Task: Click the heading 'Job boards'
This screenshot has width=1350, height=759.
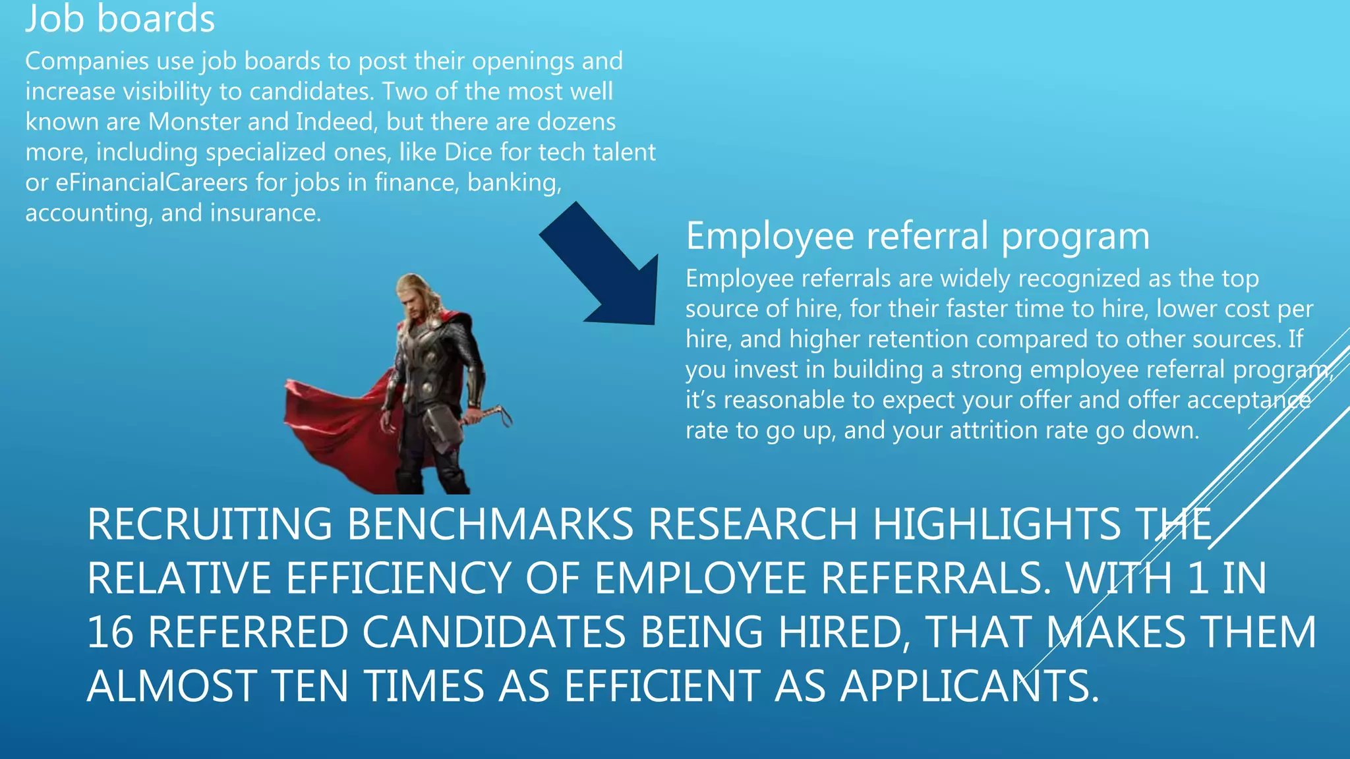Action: click(120, 18)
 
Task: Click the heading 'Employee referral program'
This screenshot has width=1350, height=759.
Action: click(918, 236)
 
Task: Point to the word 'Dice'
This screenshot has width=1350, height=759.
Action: click(468, 152)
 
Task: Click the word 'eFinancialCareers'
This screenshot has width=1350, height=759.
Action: click(151, 183)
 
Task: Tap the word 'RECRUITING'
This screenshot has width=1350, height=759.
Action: click(209, 524)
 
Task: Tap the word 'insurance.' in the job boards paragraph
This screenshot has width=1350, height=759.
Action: click(266, 213)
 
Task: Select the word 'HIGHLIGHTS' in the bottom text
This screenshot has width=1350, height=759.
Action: click(995, 524)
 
